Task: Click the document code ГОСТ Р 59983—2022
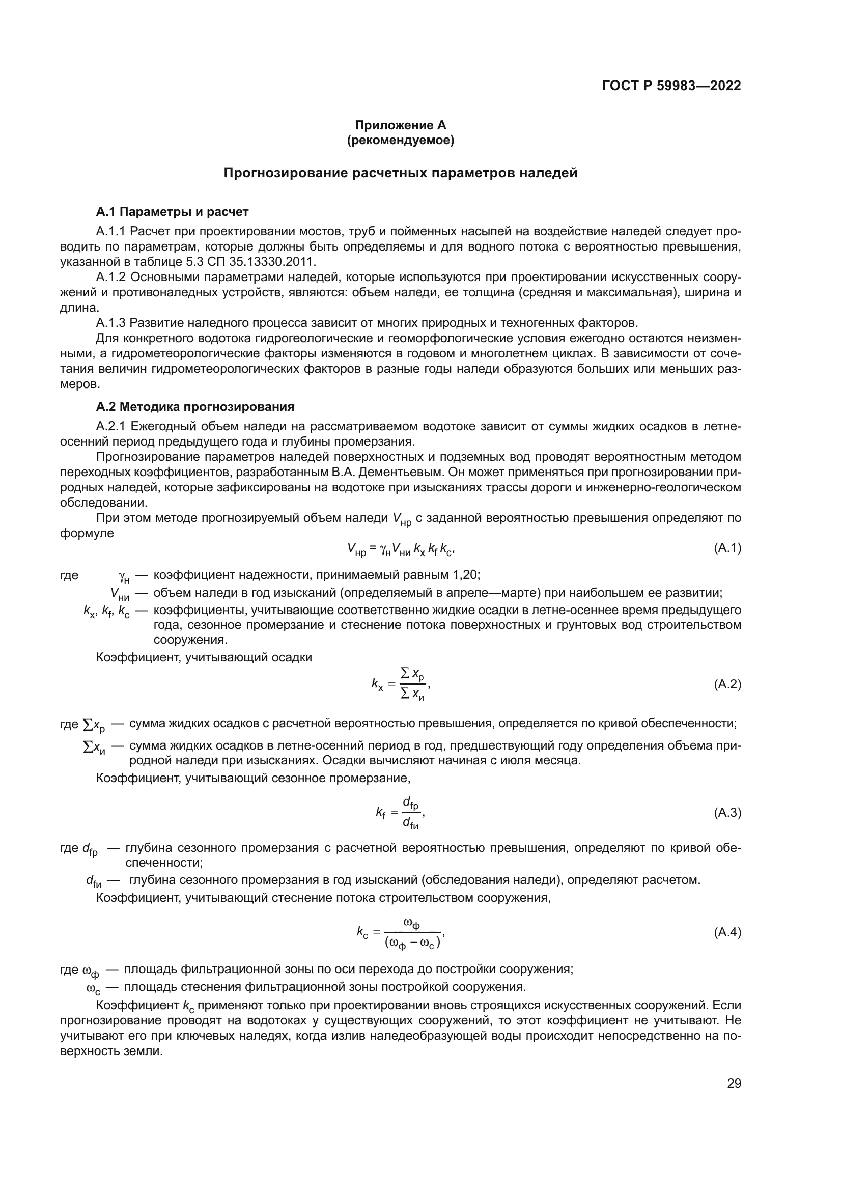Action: (x=671, y=86)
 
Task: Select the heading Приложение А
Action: (x=400, y=125)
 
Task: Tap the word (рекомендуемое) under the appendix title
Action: (x=400, y=141)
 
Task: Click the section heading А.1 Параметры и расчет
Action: (x=172, y=212)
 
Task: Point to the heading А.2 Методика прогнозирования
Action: (x=195, y=407)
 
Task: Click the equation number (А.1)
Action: (x=727, y=548)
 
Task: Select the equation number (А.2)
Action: (x=727, y=684)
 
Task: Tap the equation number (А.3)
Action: (x=727, y=812)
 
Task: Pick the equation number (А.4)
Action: (x=727, y=932)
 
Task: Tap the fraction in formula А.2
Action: (x=413, y=685)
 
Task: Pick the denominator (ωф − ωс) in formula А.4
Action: (x=413, y=942)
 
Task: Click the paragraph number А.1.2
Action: (x=111, y=277)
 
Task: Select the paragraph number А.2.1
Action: (x=111, y=426)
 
